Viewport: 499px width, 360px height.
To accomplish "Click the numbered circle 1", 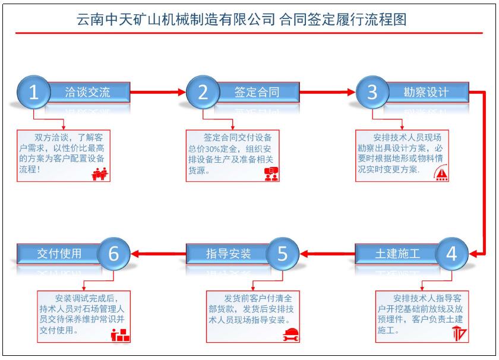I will pyautogui.click(x=34, y=92).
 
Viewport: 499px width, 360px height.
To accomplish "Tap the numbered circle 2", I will pyautogui.click(x=203, y=92).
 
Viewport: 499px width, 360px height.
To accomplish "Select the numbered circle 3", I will pyautogui.click(x=372, y=92).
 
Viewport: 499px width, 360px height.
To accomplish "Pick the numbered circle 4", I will pyautogui.click(x=452, y=254).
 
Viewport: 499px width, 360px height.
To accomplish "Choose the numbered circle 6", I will pyautogui.click(x=114, y=254).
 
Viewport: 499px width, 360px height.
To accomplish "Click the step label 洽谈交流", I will pyautogui.click(x=87, y=92).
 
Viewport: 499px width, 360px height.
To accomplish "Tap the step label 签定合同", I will pyautogui.click(x=257, y=92).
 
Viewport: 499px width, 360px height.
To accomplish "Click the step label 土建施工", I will pyautogui.click(x=397, y=254).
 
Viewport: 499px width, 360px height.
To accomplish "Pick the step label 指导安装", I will pyautogui.click(x=229, y=254).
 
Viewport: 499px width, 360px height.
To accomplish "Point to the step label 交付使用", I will pyautogui.click(x=59, y=254).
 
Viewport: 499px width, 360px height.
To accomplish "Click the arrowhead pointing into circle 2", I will pyautogui.click(x=182, y=92).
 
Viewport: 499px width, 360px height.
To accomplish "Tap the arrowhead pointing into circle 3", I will pyautogui.click(x=351, y=92).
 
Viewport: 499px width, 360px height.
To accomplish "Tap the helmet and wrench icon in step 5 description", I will pyautogui.click(x=290, y=334).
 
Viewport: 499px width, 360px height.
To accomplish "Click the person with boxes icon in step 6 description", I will pyautogui.click(x=121, y=334).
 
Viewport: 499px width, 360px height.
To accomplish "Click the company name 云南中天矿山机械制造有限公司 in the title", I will pyautogui.click(x=174, y=19).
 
